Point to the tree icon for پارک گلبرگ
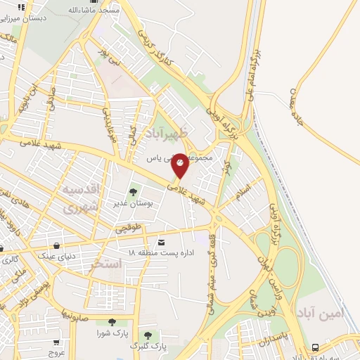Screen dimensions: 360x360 [148, 335]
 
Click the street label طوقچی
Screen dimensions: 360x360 [129, 227]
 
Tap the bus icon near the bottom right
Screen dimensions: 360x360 [315, 347]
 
